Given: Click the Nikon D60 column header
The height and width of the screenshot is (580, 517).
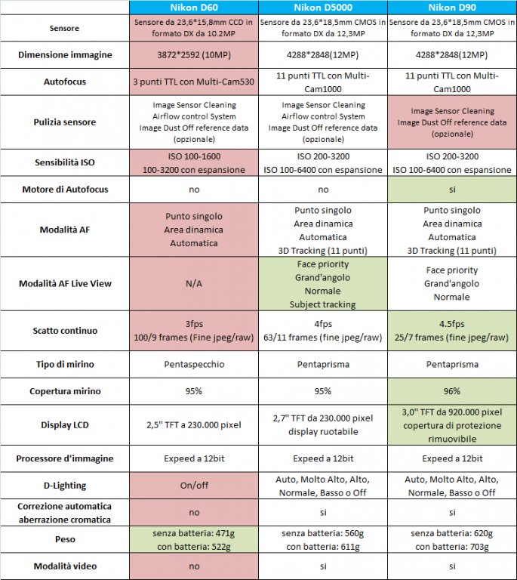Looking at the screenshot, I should pyautogui.click(x=194, y=8).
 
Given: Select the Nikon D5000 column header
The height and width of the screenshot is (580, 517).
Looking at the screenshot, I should pyautogui.click(x=323, y=8).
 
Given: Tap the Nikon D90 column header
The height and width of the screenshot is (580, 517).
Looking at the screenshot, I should pyautogui.click(x=451, y=8).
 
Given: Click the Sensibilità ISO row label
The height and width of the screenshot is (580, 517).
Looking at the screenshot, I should pyautogui.click(x=65, y=162).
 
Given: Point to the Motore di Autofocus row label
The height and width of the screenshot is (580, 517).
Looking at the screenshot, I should pyautogui.click(x=65, y=189).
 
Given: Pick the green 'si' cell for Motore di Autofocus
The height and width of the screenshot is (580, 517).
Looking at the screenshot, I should pyautogui.click(x=451, y=189).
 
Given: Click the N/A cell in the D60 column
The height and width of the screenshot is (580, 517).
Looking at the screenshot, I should pyautogui.click(x=194, y=283).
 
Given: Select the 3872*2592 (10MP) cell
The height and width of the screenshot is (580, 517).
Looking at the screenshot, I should pyautogui.click(x=194, y=54).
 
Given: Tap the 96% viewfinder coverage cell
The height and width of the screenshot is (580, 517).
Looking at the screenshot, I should pyautogui.click(x=451, y=391).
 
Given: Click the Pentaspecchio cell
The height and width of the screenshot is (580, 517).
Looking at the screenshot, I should pyautogui.click(x=194, y=364).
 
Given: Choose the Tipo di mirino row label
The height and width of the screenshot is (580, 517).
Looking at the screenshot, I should pyautogui.click(x=65, y=364).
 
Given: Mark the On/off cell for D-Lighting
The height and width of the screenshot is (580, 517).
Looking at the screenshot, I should pyautogui.click(x=194, y=486).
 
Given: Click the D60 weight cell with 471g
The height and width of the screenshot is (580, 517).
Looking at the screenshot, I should pyautogui.click(x=194, y=539).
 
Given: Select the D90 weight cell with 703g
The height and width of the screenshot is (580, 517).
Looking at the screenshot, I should pyautogui.click(x=451, y=539).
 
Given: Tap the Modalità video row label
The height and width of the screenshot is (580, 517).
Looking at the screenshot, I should pyautogui.click(x=65, y=566).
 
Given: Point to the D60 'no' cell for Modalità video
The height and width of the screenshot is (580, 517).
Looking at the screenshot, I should pyautogui.click(x=194, y=566).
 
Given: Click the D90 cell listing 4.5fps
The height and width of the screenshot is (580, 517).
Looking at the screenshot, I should pyautogui.click(x=451, y=330).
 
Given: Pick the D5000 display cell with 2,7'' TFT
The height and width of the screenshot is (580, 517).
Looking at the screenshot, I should pyautogui.click(x=323, y=425).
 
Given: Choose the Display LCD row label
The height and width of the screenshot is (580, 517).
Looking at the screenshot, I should pyautogui.click(x=65, y=425).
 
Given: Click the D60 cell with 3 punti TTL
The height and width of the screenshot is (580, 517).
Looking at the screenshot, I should pyautogui.click(x=194, y=82).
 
